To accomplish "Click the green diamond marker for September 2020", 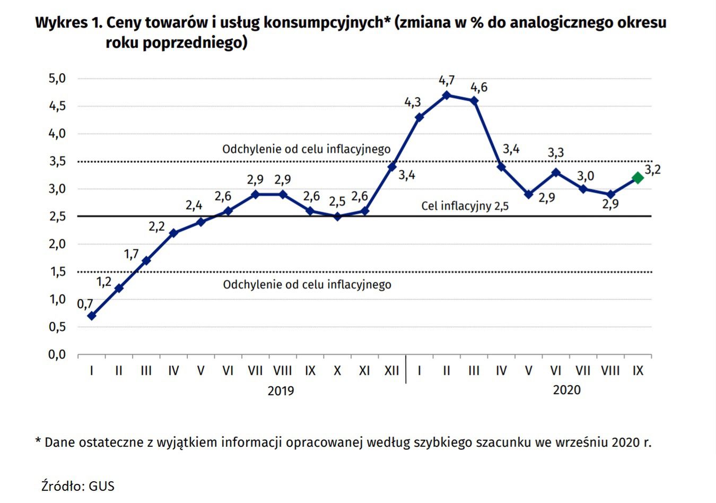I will [638, 178].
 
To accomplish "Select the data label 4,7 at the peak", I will [447, 81].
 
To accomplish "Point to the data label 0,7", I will [85, 304].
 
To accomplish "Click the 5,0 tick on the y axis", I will [57, 79].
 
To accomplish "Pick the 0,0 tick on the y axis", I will [57, 354].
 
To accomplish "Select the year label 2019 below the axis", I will [281, 391].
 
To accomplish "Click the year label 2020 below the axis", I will [566, 390].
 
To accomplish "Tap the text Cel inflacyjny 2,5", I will [465, 206].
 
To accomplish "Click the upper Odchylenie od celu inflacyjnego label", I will [306, 149].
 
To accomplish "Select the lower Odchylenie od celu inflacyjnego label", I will [307, 285].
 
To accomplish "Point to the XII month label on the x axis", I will [391, 371].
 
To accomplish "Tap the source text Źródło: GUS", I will [78, 485].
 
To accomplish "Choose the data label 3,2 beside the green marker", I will [652, 170].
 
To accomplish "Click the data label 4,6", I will [479, 88].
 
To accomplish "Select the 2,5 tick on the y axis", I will [57, 216].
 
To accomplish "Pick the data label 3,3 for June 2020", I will [555, 153].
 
